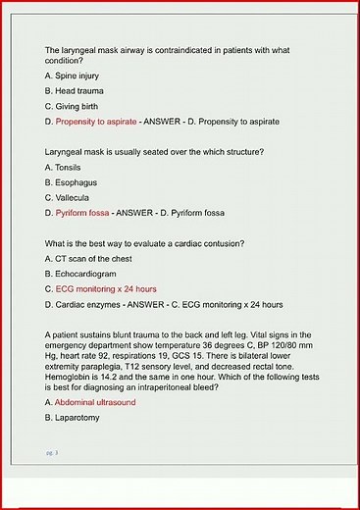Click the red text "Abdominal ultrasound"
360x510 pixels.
[x=95, y=402]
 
